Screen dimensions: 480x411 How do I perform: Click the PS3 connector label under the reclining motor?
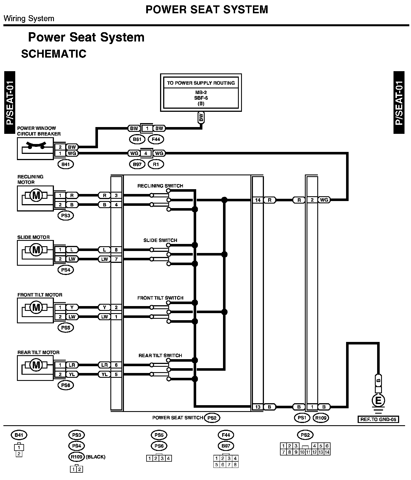pos(65,215)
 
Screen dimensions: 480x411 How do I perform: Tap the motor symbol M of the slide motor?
pos(36,250)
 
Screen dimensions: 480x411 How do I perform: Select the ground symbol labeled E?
pos(379,400)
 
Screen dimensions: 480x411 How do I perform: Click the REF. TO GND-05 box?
pos(378,419)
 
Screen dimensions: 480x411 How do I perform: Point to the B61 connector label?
pos(137,139)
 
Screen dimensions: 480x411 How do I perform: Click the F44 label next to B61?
pos(156,139)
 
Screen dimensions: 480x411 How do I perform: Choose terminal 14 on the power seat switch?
pos(258,200)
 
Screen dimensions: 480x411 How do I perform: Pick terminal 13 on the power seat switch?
pos(258,407)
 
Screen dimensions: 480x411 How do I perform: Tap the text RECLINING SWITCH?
pos(160,186)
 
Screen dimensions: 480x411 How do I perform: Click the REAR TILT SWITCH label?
pos(160,355)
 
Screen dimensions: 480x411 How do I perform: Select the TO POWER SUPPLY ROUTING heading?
pos(201,83)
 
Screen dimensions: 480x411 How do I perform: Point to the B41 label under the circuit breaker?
pos(65,164)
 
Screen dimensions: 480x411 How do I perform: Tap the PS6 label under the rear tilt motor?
pos(65,385)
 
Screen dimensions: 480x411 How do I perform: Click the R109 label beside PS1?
pos(321,418)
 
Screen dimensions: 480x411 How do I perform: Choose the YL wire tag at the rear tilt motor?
pos(72,374)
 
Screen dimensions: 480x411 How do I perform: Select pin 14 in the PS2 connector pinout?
pos(327,452)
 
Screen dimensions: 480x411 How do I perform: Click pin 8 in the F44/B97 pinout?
pos(235,464)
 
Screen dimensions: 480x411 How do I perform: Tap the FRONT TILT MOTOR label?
pos(40,295)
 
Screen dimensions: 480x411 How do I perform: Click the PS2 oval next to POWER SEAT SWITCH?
pos(212,418)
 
